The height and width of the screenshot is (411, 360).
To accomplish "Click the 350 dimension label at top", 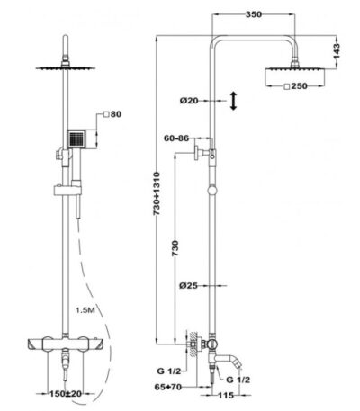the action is [254, 14].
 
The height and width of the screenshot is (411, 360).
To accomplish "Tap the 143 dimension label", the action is [337, 51].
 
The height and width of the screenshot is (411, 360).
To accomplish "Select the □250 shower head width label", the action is [295, 86].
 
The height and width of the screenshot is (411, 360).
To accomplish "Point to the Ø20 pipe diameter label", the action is [189, 101].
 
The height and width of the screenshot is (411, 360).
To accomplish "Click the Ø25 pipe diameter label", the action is [189, 285].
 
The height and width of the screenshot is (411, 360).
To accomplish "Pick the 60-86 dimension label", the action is [176, 138].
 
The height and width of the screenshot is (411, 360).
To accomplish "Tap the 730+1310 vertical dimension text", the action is [157, 193].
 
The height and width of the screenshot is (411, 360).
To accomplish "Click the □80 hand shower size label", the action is [112, 114].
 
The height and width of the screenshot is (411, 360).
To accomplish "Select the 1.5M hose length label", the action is [85, 310].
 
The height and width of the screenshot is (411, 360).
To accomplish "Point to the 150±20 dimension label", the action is [66, 393].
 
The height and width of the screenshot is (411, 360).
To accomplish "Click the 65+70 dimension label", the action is [168, 387].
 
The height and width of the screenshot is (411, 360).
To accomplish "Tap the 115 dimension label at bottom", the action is [226, 396].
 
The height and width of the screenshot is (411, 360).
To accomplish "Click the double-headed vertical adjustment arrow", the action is [233, 101].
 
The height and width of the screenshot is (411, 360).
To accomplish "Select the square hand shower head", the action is [76, 138].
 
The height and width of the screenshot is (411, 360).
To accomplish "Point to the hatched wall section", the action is [193, 344].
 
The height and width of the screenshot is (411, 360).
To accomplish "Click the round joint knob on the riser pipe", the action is [212, 190].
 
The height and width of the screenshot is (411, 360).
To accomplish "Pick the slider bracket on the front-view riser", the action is [67, 191].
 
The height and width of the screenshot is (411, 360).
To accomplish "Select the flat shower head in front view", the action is [66, 68].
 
